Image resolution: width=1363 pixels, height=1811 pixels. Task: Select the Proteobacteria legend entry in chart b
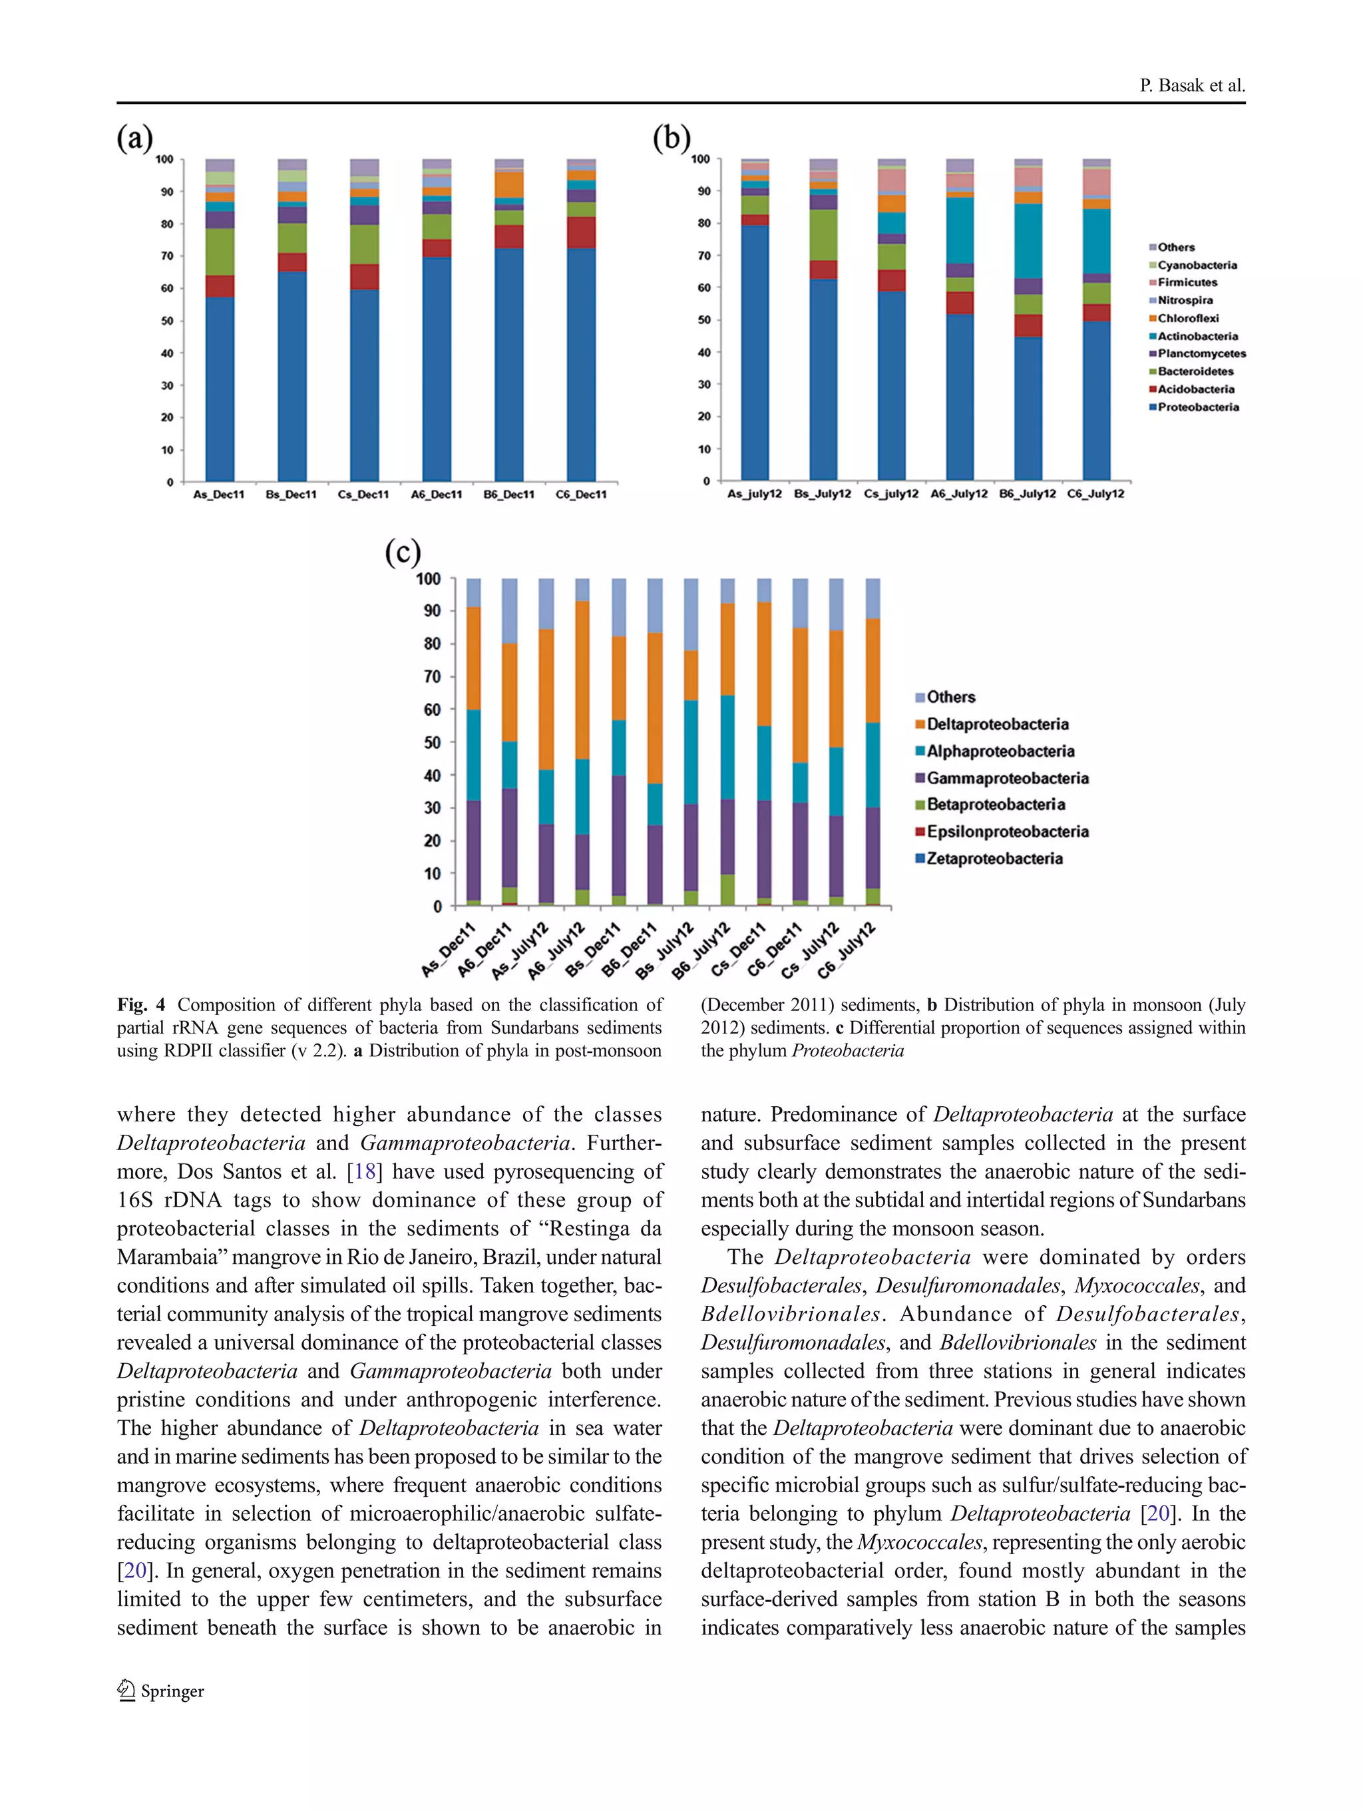tap(1197, 407)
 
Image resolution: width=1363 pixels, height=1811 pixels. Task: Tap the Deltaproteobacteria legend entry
tap(997, 723)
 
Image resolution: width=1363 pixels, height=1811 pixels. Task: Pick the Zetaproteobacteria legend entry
tap(994, 858)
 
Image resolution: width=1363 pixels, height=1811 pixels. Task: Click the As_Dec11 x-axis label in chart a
tap(218, 495)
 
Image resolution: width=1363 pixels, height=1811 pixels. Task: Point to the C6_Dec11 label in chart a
tap(581, 495)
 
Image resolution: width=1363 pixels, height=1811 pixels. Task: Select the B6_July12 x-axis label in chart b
tap(1028, 494)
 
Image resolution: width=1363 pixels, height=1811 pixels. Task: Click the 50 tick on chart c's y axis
tap(431, 743)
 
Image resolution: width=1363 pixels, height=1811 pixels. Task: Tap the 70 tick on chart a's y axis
tap(166, 256)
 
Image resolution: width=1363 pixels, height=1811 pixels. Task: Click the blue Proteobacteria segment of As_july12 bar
tap(755, 352)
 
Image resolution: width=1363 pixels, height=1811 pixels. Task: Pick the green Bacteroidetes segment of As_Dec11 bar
tap(220, 252)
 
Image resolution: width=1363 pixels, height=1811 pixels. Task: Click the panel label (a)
tap(134, 138)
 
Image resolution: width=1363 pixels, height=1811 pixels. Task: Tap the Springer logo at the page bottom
tap(160, 1691)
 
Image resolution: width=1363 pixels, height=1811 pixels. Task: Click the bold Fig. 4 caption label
tap(141, 1004)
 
